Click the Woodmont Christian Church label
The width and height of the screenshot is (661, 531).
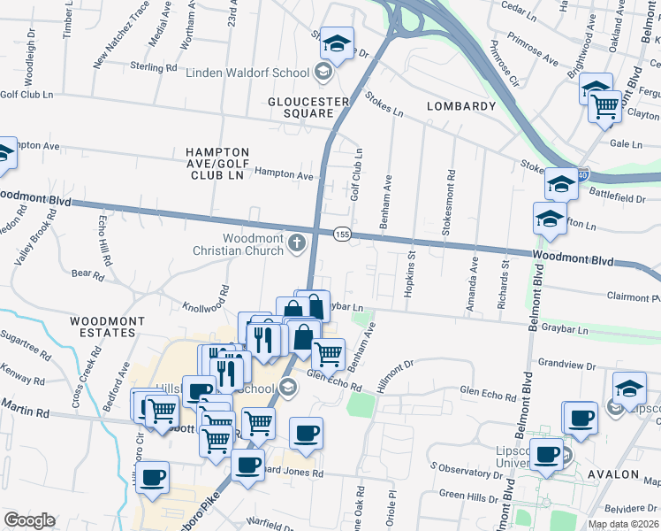point(239,244)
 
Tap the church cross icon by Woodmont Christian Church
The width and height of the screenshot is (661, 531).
point(297,242)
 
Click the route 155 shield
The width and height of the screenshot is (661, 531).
point(343,234)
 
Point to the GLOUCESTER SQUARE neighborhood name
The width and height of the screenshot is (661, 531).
point(301,107)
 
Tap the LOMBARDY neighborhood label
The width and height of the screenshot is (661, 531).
point(461,106)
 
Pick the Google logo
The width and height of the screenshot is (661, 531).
point(29,519)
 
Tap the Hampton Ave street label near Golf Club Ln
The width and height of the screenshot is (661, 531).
point(285,175)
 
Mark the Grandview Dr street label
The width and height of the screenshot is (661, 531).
point(562,362)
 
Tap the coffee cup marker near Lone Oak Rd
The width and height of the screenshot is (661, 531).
point(306,434)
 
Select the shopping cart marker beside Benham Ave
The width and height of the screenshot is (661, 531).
point(328,354)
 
